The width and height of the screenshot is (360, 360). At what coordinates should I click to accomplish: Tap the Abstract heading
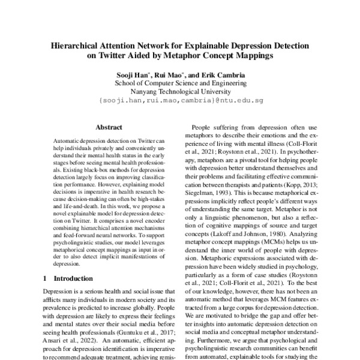click(109, 127)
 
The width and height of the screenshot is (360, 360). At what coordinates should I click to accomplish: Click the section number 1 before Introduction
click(47, 278)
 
